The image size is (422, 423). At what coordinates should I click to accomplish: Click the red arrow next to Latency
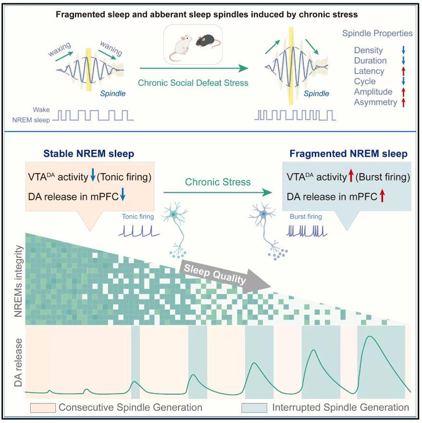(x=403, y=71)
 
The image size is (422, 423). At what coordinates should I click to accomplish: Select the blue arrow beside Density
(x=403, y=50)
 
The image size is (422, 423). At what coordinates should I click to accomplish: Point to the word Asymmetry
(x=375, y=102)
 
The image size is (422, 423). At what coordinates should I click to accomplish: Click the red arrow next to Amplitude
(x=403, y=92)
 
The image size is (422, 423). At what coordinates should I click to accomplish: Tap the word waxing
(x=60, y=49)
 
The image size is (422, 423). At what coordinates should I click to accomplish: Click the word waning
(x=111, y=48)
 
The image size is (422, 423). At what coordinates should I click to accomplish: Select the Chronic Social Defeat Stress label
(x=193, y=83)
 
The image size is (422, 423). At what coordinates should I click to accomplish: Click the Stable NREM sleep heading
(x=89, y=153)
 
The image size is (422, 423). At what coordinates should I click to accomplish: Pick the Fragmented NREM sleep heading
(x=348, y=153)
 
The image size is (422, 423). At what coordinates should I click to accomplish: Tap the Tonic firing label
(x=138, y=216)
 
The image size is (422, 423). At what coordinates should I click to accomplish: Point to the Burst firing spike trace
(x=307, y=231)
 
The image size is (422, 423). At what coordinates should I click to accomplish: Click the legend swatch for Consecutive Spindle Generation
(x=43, y=408)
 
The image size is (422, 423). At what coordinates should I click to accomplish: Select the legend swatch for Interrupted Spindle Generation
(x=254, y=408)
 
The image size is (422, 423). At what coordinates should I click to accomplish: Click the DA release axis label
(x=18, y=362)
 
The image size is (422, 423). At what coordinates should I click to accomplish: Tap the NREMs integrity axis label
(x=18, y=281)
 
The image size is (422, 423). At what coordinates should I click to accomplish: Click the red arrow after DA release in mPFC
(x=382, y=196)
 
